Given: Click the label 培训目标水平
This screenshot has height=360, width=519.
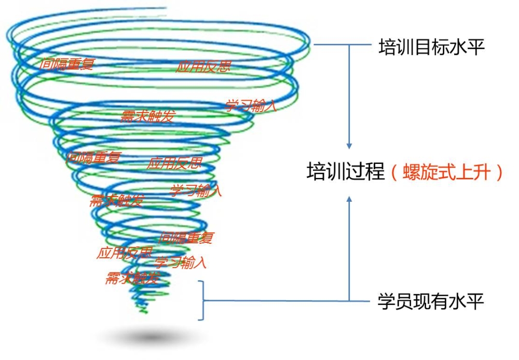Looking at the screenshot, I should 431,48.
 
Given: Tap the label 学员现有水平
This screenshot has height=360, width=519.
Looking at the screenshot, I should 431,301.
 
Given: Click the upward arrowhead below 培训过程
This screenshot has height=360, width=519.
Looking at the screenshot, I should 349,200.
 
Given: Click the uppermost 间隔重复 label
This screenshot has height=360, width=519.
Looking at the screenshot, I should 68,63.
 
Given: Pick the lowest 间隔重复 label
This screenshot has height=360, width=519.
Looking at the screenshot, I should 186,238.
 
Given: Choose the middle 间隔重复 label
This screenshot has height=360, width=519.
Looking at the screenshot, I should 93,156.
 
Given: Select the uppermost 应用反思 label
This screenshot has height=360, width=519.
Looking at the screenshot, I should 203,66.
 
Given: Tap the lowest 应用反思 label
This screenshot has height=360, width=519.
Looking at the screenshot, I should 125,253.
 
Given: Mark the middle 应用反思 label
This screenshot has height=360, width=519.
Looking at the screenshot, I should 174,164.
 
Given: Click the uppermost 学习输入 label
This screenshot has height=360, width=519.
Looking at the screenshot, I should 251,106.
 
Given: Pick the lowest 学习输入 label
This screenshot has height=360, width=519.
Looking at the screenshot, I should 181,262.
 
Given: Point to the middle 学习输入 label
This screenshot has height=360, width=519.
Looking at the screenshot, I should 196,190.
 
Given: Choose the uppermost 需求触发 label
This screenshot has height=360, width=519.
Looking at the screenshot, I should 147,116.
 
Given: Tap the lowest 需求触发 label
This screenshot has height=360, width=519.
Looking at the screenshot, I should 132,278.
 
